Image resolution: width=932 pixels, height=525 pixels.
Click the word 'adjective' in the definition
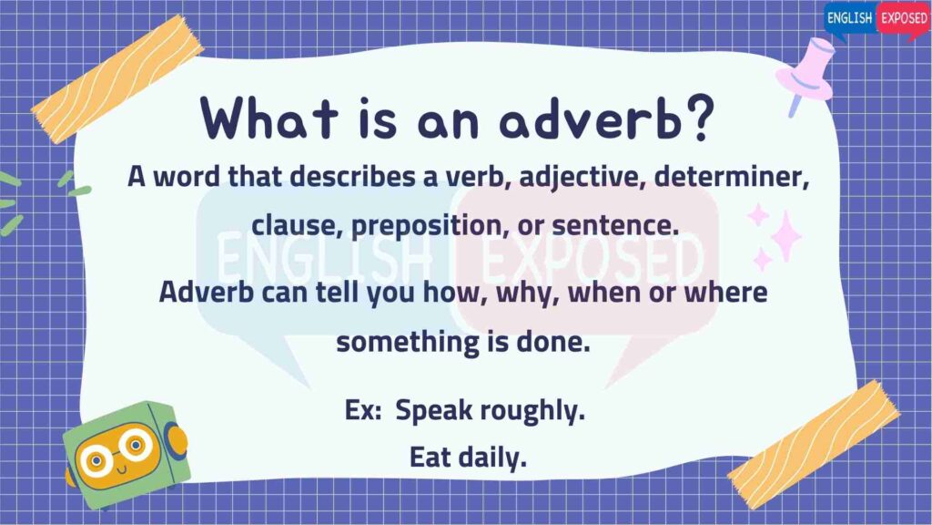582,178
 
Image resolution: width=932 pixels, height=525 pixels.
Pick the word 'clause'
298,225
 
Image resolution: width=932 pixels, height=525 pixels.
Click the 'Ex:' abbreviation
363,410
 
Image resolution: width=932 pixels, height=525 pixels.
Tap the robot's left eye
95,459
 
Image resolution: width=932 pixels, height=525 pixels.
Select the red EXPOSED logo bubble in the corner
903,20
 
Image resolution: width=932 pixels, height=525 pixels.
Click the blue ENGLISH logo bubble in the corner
850,20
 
